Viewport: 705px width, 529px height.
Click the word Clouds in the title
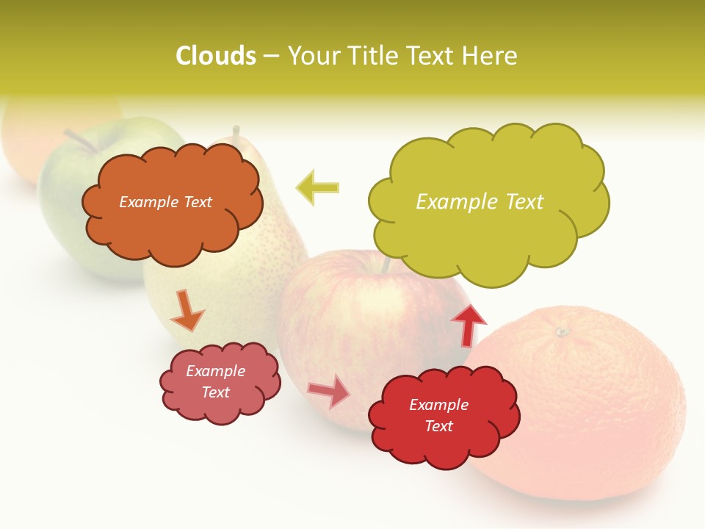click(216, 56)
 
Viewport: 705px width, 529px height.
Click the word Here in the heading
click(491, 56)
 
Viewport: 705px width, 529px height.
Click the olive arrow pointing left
click(318, 187)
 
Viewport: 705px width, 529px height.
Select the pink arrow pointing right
click(329, 391)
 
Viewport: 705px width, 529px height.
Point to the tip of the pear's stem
click(236, 130)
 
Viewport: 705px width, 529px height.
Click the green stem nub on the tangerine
click(563, 332)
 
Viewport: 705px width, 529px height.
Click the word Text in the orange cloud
click(196, 202)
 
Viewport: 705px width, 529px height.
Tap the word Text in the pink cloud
click(216, 392)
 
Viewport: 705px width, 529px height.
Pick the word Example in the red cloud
click(438, 405)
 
